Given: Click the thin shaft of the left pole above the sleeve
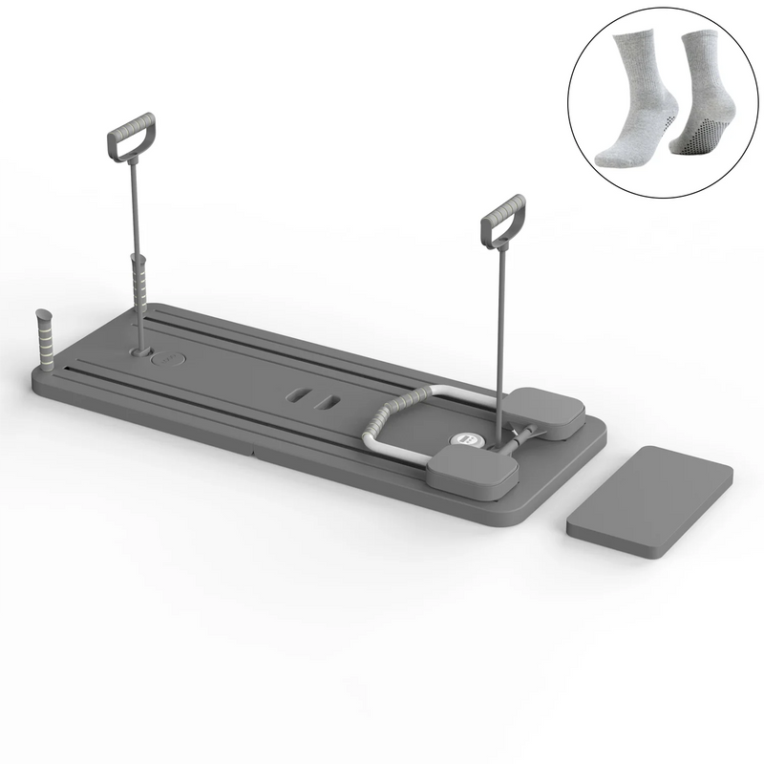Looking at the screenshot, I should pyautogui.click(x=132, y=210).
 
